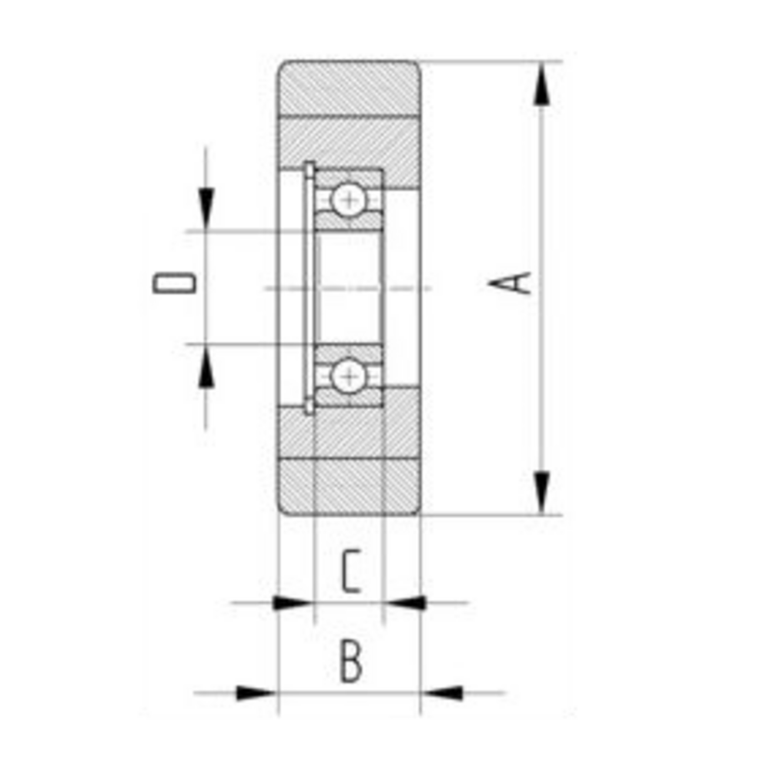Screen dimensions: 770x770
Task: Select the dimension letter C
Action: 351,571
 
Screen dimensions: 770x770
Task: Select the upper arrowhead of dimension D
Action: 206,209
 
